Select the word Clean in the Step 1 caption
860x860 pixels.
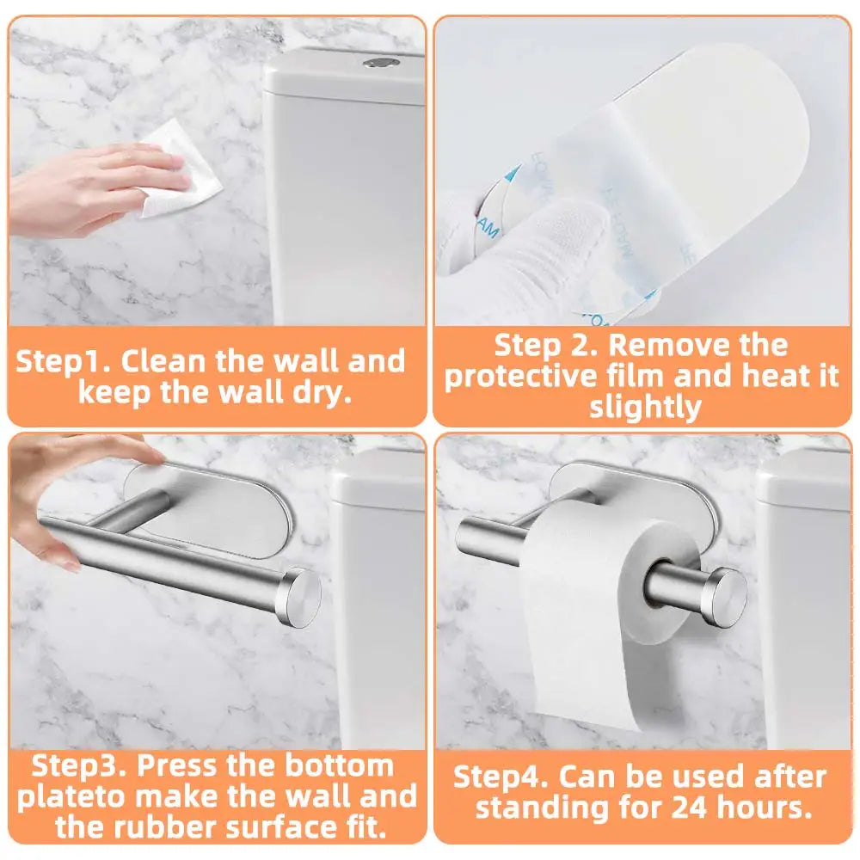tap(163, 360)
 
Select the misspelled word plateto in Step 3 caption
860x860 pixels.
tap(78, 796)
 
